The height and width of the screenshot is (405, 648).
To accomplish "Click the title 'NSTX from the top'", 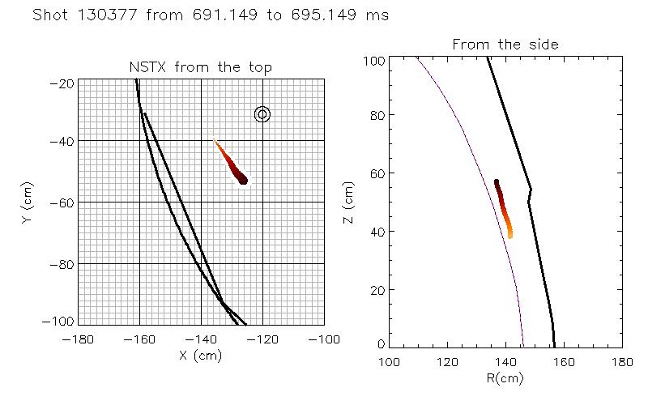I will pyautogui.click(x=200, y=67).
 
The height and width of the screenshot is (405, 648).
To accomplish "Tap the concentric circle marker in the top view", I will pyautogui.click(x=262, y=114).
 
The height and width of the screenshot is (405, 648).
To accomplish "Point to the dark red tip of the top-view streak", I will pyautogui.click(x=241, y=177).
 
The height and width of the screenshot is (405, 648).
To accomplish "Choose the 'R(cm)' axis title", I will pyautogui.click(x=505, y=377).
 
